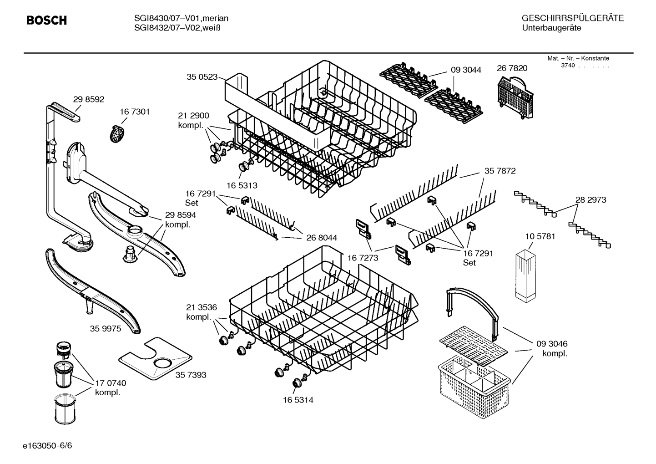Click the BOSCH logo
click(x=46, y=20)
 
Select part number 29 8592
click(x=89, y=99)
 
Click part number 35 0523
click(x=202, y=77)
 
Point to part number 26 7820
click(x=512, y=68)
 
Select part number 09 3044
click(x=466, y=70)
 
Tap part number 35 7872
click(x=500, y=171)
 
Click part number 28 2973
click(x=590, y=199)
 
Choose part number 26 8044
click(x=322, y=238)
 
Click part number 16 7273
click(x=363, y=258)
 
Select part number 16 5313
click(x=242, y=185)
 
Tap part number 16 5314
click(x=298, y=400)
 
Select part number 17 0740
click(x=111, y=383)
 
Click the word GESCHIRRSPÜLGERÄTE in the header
click(x=572, y=18)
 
